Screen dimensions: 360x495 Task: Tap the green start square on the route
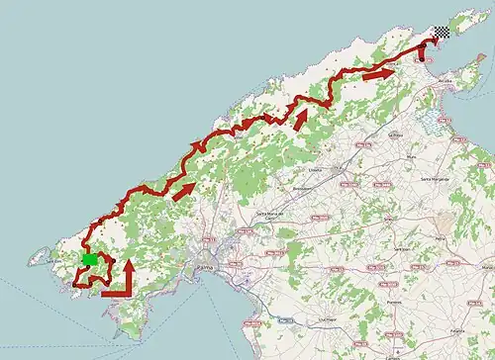tap(89, 260)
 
